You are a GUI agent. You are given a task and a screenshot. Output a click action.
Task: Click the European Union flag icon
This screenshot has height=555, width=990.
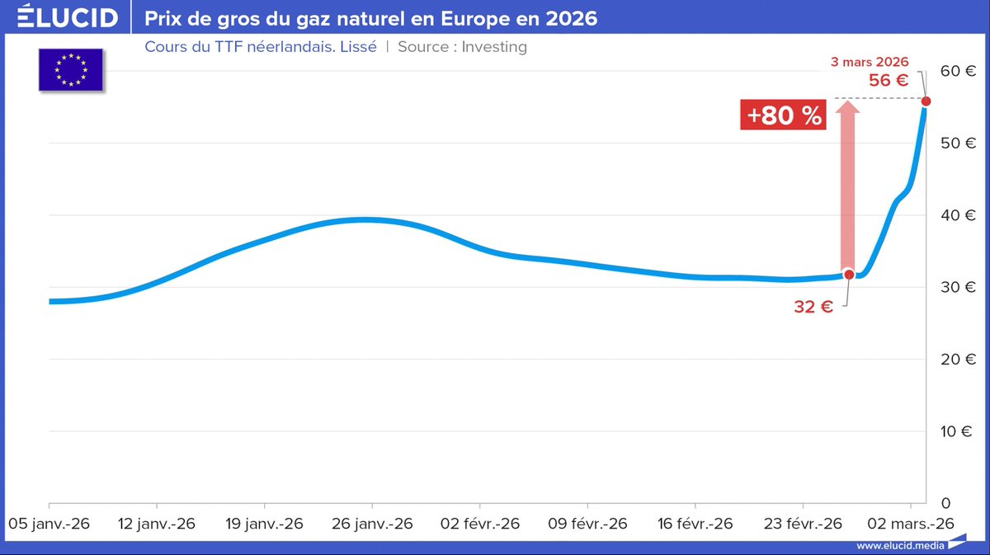click(x=70, y=70)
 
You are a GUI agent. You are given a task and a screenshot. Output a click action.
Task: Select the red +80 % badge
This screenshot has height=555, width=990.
click(x=783, y=115)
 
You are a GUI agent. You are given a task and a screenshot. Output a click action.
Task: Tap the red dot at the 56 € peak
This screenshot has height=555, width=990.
click(x=926, y=101)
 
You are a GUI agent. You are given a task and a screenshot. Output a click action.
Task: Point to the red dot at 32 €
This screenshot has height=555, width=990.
click(x=849, y=274)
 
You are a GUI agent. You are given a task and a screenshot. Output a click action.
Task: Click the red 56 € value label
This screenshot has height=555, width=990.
click(x=889, y=81)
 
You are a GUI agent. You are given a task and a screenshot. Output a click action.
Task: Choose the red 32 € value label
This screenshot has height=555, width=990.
click(x=813, y=307)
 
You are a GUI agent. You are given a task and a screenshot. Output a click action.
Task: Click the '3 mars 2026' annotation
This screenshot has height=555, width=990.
click(x=869, y=62)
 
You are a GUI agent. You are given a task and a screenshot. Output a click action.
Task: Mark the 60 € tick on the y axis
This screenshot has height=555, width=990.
click(x=959, y=71)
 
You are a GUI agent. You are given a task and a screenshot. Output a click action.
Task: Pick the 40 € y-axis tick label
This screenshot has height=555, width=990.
click(x=959, y=215)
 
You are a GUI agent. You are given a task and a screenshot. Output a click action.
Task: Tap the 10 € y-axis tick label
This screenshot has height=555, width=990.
click(x=959, y=431)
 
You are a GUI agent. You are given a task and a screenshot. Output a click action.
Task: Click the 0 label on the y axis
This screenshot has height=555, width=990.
click(x=946, y=503)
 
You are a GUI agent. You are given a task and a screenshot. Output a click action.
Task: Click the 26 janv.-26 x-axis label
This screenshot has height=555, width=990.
click(x=371, y=524)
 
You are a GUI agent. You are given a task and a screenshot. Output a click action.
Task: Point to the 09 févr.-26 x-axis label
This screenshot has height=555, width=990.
click(x=587, y=524)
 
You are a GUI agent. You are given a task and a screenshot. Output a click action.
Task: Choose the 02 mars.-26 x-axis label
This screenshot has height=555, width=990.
click(x=909, y=524)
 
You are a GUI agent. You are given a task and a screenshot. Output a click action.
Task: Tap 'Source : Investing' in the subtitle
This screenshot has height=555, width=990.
click(x=462, y=46)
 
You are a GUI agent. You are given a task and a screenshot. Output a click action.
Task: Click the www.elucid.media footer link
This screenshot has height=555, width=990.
click(x=898, y=545)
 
